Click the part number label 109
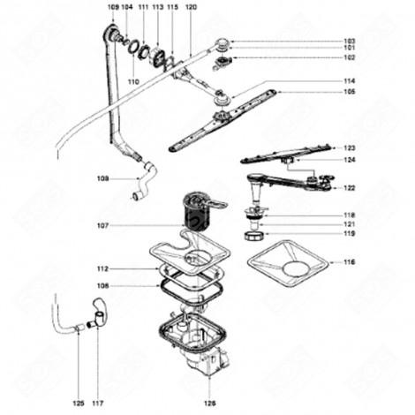coord(112,7)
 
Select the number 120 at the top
coord(191,7)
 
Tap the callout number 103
coord(350,41)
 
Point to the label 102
coord(350,57)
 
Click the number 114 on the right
coord(350,81)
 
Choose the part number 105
coord(350,92)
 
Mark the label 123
coord(350,147)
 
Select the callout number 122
coord(350,188)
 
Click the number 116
coord(350,262)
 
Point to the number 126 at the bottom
coord(210,405)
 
